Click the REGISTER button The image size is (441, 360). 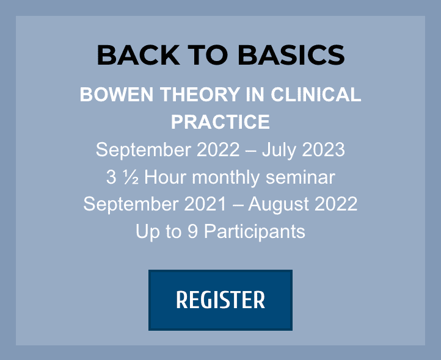tap(221, 300)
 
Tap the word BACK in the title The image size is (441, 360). tap(139, 55)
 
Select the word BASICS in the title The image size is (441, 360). tap(291, 55)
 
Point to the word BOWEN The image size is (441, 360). tap(117, 95)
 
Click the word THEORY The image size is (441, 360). tap(200, 95)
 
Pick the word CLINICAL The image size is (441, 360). tap(316, 95)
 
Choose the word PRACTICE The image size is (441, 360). tap(221, 122)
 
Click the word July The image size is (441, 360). tap(279, 150)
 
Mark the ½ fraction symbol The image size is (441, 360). tap(131, 178)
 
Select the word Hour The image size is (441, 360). tap(165, 178)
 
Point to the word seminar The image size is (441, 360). tap(301, 178)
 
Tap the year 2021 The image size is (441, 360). tap(205, 204)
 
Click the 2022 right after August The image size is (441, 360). tap(336, 204)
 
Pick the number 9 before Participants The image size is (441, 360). tap(192, 231)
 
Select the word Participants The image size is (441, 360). tap(255, 232)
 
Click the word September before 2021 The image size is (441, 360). tap(131, 204)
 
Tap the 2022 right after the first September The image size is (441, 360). tap(217, 149)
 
